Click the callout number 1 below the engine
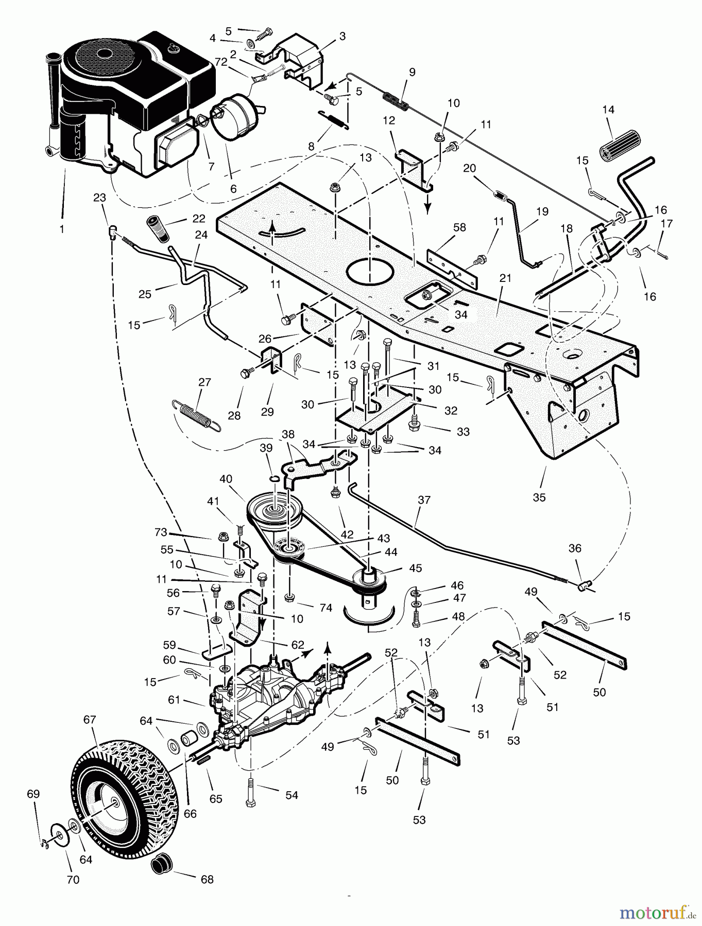click(62, 229)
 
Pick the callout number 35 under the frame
click(540, 497)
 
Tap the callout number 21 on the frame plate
click(505, 278)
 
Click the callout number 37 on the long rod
click(424, 500)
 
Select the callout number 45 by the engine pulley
click(415, 568)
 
